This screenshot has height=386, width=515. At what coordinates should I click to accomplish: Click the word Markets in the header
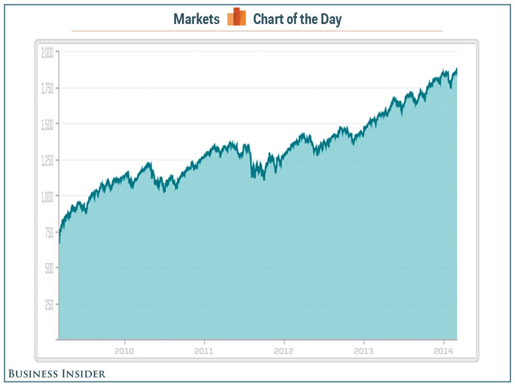(197, 19)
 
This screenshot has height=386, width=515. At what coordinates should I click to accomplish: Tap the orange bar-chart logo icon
(236, 17)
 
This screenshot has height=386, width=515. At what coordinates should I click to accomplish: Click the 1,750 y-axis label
(48, 88)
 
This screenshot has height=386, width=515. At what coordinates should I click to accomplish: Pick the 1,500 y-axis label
(48, 124)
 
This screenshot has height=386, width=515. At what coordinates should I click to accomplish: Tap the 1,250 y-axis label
(48, 160)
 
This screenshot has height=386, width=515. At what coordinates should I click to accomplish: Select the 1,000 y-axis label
(47, 196)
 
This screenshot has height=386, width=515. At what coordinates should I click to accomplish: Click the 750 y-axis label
(49, 232)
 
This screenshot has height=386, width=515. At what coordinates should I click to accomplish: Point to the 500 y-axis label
(49, 268)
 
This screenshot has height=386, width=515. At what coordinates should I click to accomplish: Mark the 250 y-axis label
(49, 304)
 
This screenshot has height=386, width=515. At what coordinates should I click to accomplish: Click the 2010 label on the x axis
(124, 351)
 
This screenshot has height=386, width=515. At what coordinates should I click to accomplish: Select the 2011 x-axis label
(204, 351)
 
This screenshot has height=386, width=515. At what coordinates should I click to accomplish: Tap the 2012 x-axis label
(284, 351)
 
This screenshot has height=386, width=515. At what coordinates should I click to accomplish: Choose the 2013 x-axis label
(364, 351)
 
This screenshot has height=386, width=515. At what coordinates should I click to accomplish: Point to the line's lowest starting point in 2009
(59, 243)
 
